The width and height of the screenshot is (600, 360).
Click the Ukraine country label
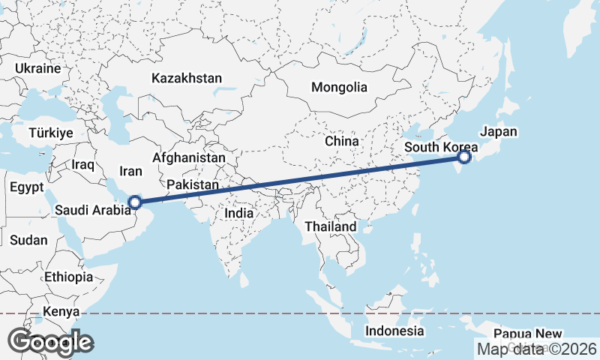pos(37,68)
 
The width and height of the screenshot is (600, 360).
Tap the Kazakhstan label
pos(187,78)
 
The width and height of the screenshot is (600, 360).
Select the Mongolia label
pos(339,87)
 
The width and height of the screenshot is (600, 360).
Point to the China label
pos(342,140)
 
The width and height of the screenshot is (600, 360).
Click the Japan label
pos(499,131)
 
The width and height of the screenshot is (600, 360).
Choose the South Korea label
pos(441,147)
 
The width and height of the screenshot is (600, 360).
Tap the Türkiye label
pos(50,133)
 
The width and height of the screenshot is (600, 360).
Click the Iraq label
pos(82,164)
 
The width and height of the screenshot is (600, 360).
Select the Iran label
pos(130,171)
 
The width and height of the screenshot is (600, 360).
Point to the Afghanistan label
pos(188,158)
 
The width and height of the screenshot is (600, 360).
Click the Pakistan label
pos(193,184)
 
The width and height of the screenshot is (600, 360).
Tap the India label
pos(239,213)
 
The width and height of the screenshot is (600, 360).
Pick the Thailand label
pos(331,226)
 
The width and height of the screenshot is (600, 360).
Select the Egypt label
pos(28,188)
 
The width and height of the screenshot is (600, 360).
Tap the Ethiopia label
pos(68,277)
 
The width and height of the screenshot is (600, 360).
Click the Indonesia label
pos(394,331)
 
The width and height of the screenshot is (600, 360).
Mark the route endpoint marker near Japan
pos(464,157)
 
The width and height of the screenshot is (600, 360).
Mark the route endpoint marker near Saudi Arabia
pos(135,202)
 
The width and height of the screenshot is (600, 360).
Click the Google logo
pos(50,341)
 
